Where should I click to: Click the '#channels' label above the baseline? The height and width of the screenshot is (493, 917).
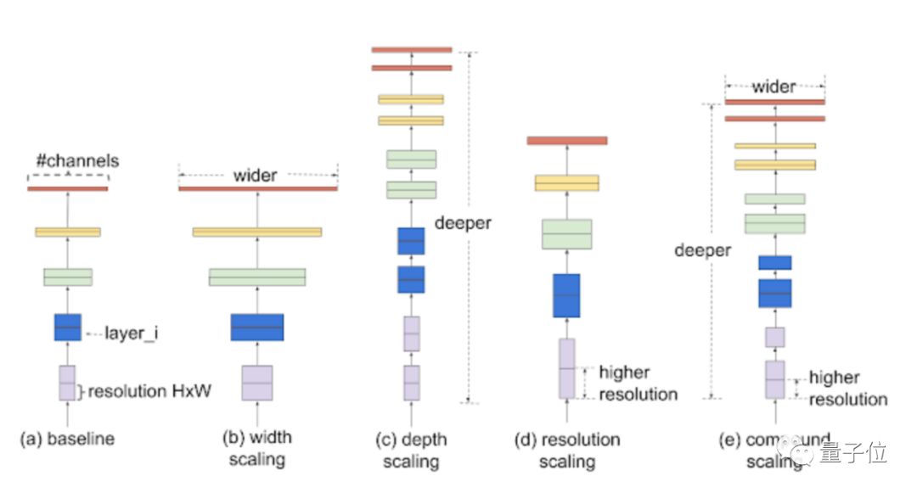[77, 160]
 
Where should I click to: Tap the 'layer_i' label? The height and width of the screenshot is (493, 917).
[132, 333]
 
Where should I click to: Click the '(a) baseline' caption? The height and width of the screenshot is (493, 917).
[67, 439]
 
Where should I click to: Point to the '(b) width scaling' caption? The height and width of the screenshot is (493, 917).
[256, 448]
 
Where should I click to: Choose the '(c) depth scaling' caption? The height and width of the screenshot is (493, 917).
[411, 450]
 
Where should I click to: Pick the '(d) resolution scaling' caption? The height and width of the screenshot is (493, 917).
[567, 450]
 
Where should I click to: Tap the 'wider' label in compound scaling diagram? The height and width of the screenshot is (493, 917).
[774, 87]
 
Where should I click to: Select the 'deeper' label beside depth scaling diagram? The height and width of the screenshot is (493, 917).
[462, 224]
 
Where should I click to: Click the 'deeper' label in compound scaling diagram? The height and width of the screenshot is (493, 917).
[702, 250]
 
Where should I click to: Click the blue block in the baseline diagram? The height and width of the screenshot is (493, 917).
[68, 328]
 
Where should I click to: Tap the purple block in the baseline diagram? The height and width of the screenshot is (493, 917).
[67, 383]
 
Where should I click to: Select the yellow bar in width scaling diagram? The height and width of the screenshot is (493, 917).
[256, 232]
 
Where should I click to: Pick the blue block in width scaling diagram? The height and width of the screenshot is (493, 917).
[256, 328]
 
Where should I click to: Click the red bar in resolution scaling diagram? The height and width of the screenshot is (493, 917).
[567, 140]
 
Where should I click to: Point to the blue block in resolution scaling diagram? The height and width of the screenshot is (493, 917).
[566, 295]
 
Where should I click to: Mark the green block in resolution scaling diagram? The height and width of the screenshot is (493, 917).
[566, 233]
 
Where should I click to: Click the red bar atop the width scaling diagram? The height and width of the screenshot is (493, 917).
[257, 188]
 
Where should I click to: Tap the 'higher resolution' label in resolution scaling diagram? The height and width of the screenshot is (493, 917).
[638, 383]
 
